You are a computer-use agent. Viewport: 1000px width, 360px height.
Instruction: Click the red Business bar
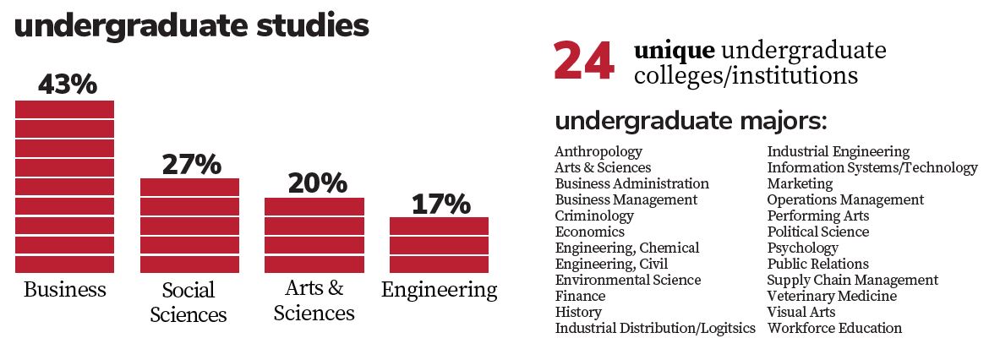click(x=64, y=186)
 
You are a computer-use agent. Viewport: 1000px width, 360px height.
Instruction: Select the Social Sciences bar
click(x=189, y=225)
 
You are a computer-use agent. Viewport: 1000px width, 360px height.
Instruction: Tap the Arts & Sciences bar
click(x=314, y=235)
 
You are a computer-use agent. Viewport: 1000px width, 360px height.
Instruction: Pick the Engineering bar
click(x=439, y=245)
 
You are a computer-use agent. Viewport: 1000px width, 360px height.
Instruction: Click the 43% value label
click(x=68, y=85)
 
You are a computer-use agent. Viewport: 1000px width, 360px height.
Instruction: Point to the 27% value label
click(x=191, y=163)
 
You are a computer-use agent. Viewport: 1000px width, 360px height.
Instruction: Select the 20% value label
click(x=317, y=183)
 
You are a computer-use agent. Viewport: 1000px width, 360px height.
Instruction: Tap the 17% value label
click(x=440, y=204)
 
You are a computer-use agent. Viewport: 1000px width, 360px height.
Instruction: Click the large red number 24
click(x=583, y=63)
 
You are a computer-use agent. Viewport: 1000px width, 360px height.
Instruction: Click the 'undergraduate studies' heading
click(x=192, y=26)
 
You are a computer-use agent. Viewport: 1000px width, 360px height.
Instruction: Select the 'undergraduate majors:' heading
click(x=691, y=121)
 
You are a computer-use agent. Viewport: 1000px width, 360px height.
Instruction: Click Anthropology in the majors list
click(x=598, y=152)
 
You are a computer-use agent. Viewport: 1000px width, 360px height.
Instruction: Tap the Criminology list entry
click(x=593, y=215)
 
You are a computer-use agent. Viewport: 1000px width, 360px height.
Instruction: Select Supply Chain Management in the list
click(x=852, y=280)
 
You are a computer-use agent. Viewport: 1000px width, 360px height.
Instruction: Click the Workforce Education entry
click(x=834, y=328)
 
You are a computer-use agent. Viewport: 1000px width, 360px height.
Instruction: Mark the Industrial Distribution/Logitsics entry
click(x=654, y=329)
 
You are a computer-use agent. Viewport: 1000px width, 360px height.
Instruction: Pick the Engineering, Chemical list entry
click(x=626, y=248)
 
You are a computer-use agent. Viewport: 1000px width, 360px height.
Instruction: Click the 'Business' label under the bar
click(x=65, y=290)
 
